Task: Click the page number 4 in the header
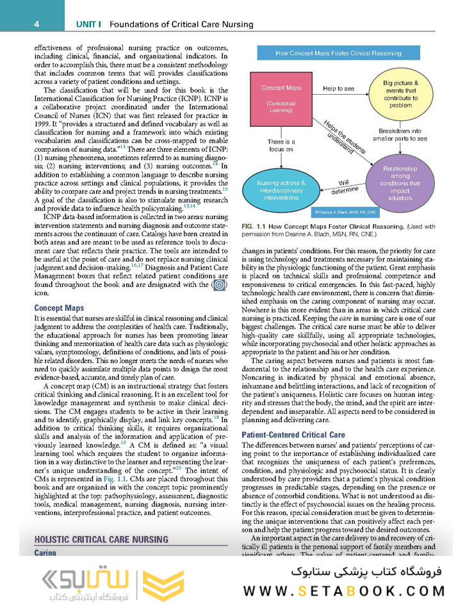coord(37,24)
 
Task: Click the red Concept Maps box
coord(281,99)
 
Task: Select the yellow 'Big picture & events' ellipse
coord(401,94)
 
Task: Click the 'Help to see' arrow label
coord(338,88)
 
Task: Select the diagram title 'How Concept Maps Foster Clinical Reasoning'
coord(338,53)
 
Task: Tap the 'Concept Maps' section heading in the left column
coord(59,308)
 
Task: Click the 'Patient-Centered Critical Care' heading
coord(293,435)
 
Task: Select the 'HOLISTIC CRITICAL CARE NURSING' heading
coord(101,539)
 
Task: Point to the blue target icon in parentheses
coord(219,284)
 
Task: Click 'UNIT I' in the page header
coord(90,24)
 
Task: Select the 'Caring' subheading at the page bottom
coord(45,552)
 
